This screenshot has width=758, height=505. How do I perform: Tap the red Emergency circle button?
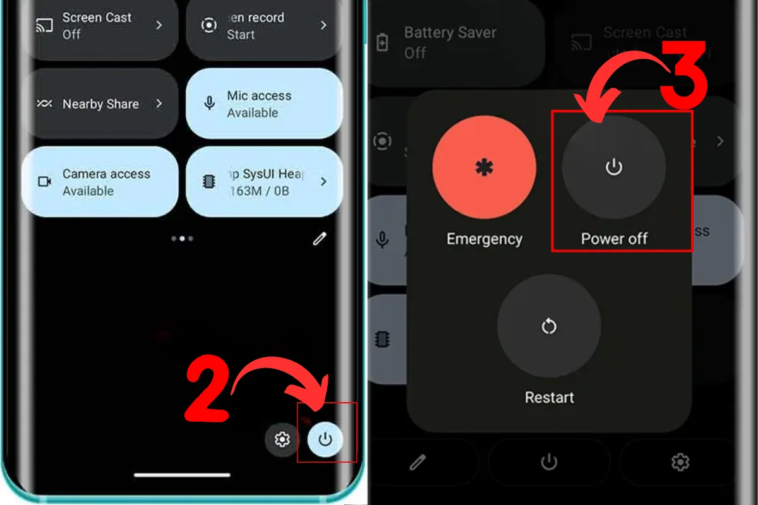coord(484,168)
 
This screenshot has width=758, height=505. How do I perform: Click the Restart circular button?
coord(549,326)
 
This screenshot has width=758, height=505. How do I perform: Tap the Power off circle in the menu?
coord(614,167)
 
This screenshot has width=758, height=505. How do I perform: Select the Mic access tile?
coord(264,104)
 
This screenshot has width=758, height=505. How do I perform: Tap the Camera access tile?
coord(100,182)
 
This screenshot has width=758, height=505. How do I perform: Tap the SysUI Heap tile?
coord(264,182)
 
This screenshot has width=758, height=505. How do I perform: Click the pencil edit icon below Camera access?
coord(320,239)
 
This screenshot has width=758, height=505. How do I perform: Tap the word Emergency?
coord(484,239)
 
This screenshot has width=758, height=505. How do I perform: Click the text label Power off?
coord(614,239)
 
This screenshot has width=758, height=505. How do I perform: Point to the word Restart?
coord(549,398)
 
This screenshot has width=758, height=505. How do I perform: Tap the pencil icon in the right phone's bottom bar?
coord(418,463)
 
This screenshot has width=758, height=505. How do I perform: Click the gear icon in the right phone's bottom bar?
coord(680,463)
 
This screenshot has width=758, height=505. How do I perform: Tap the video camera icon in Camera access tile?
coord(45,182)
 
